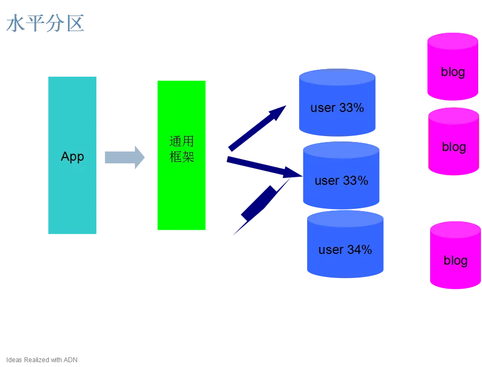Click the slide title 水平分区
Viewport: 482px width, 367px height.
tap(45, 24)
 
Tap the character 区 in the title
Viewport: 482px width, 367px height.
tap(75, 24)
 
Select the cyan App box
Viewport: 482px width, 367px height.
tap(72, 155)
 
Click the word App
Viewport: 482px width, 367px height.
tap(72, 157)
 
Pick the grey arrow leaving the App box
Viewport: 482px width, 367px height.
tap(125, 158)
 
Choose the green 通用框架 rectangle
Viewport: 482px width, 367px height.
tap(181, 155)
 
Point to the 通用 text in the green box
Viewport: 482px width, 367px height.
tap(181, 141)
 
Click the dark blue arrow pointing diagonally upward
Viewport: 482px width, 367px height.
tap(257, 129)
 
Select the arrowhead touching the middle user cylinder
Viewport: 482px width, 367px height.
tap(292, 173)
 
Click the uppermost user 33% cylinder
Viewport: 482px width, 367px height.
tap(337, 102)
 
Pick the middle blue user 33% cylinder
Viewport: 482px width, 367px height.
tap(341, 175)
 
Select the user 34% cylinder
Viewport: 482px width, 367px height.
tap(345, 244)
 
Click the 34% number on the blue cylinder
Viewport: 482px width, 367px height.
tap(359, 249)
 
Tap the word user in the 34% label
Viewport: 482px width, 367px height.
tap(331, 250)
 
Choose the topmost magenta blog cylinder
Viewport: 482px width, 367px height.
tap(453, 66)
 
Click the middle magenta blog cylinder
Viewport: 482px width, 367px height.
tap(454, 141)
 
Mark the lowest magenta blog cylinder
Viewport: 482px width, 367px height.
tap(455, 255)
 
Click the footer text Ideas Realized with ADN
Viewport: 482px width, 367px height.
tap(42, 359)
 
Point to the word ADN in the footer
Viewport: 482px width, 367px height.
tap(71, 359)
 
